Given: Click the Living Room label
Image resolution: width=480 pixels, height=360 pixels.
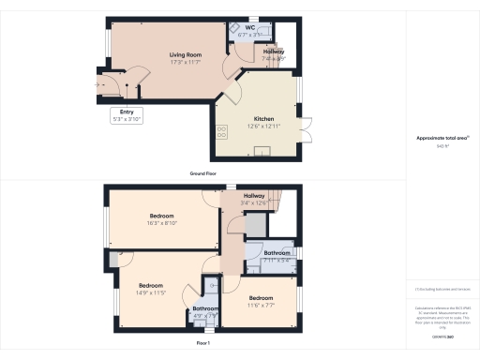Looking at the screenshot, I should (x=187, y=54).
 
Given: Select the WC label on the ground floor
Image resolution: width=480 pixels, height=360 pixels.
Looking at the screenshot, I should (x=250, y=28).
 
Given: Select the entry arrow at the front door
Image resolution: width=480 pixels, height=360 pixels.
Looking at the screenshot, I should (x=99, y=85).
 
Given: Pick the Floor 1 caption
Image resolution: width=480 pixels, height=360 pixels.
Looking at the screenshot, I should (x=202, y=344).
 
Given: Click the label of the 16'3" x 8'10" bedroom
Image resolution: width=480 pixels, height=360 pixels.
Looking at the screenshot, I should (x=164, y=215).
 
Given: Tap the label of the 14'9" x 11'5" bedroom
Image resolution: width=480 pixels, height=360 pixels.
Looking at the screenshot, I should (x=152, y=285).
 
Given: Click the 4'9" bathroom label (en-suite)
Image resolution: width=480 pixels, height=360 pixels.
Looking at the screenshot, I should (x=205, y=308).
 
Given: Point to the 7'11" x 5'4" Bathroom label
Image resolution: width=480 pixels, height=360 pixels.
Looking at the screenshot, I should (x=276, y=253).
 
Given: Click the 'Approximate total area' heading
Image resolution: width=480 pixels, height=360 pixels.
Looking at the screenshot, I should (x=442, y=138).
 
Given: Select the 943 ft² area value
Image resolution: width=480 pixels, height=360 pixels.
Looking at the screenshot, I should (x=442, y=145).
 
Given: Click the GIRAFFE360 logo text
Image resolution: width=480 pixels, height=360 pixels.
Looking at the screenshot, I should (x=442, y=335).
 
